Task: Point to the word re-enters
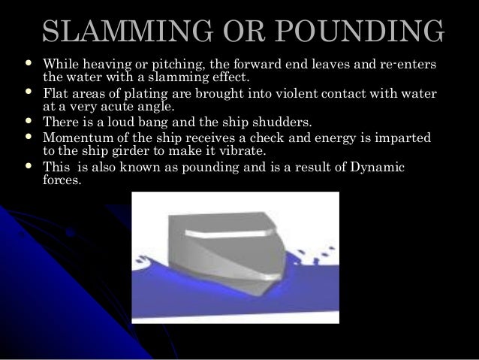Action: point(412,65)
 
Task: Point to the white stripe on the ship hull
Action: point(225,231)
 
